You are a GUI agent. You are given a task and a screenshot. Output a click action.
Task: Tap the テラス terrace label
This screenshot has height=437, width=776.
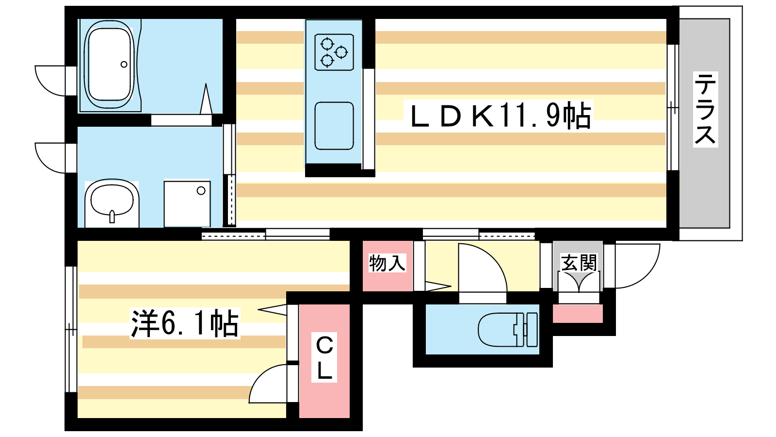point(705,109)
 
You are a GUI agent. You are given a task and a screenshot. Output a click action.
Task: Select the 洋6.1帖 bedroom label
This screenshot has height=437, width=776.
point(185,323)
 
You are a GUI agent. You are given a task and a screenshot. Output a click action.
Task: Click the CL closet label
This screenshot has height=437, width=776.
point(324,357)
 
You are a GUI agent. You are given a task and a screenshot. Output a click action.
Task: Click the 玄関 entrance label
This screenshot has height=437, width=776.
point(579,263)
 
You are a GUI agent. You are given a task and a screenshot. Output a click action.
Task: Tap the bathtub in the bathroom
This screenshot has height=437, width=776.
point(109,64)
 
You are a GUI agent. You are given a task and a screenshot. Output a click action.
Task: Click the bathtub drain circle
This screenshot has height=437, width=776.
point(124,64)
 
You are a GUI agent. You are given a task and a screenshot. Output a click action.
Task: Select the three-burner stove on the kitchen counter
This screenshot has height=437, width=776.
point(334,52)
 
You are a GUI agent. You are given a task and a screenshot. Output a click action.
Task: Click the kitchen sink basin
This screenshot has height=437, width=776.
point(334,126)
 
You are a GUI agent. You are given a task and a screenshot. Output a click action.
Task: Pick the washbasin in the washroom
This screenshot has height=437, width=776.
point(112,202)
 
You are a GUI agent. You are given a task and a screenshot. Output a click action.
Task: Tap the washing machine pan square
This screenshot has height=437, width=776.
point(187,203)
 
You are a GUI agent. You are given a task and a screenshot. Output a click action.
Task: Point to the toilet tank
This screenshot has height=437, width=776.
point(532,330)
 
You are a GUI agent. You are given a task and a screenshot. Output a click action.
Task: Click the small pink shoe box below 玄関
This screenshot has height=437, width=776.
point(578,314)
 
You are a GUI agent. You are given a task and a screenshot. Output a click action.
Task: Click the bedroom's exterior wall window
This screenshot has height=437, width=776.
point(71,329)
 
